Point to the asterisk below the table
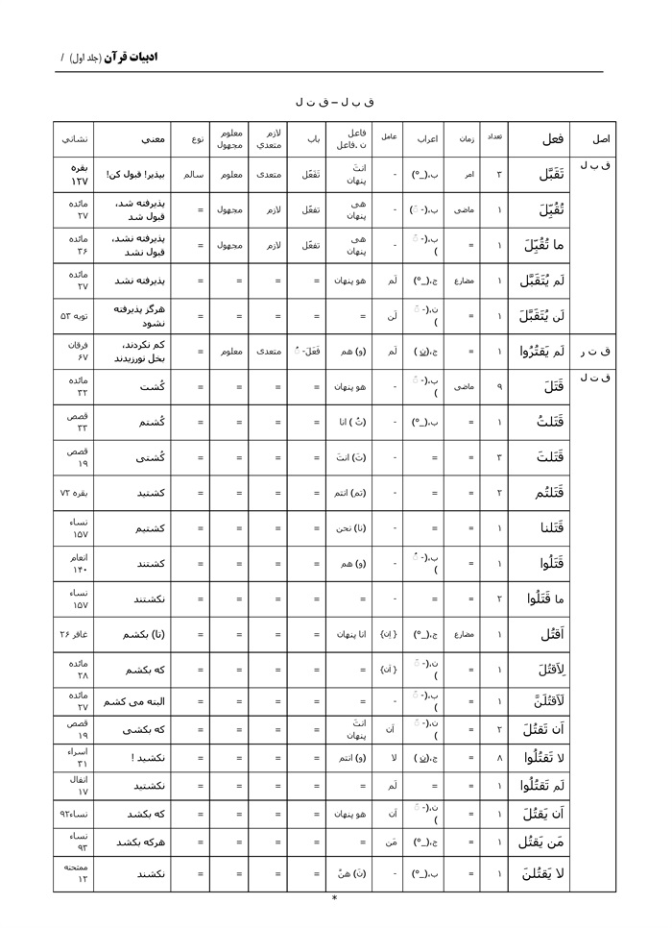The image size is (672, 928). point(334,899)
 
